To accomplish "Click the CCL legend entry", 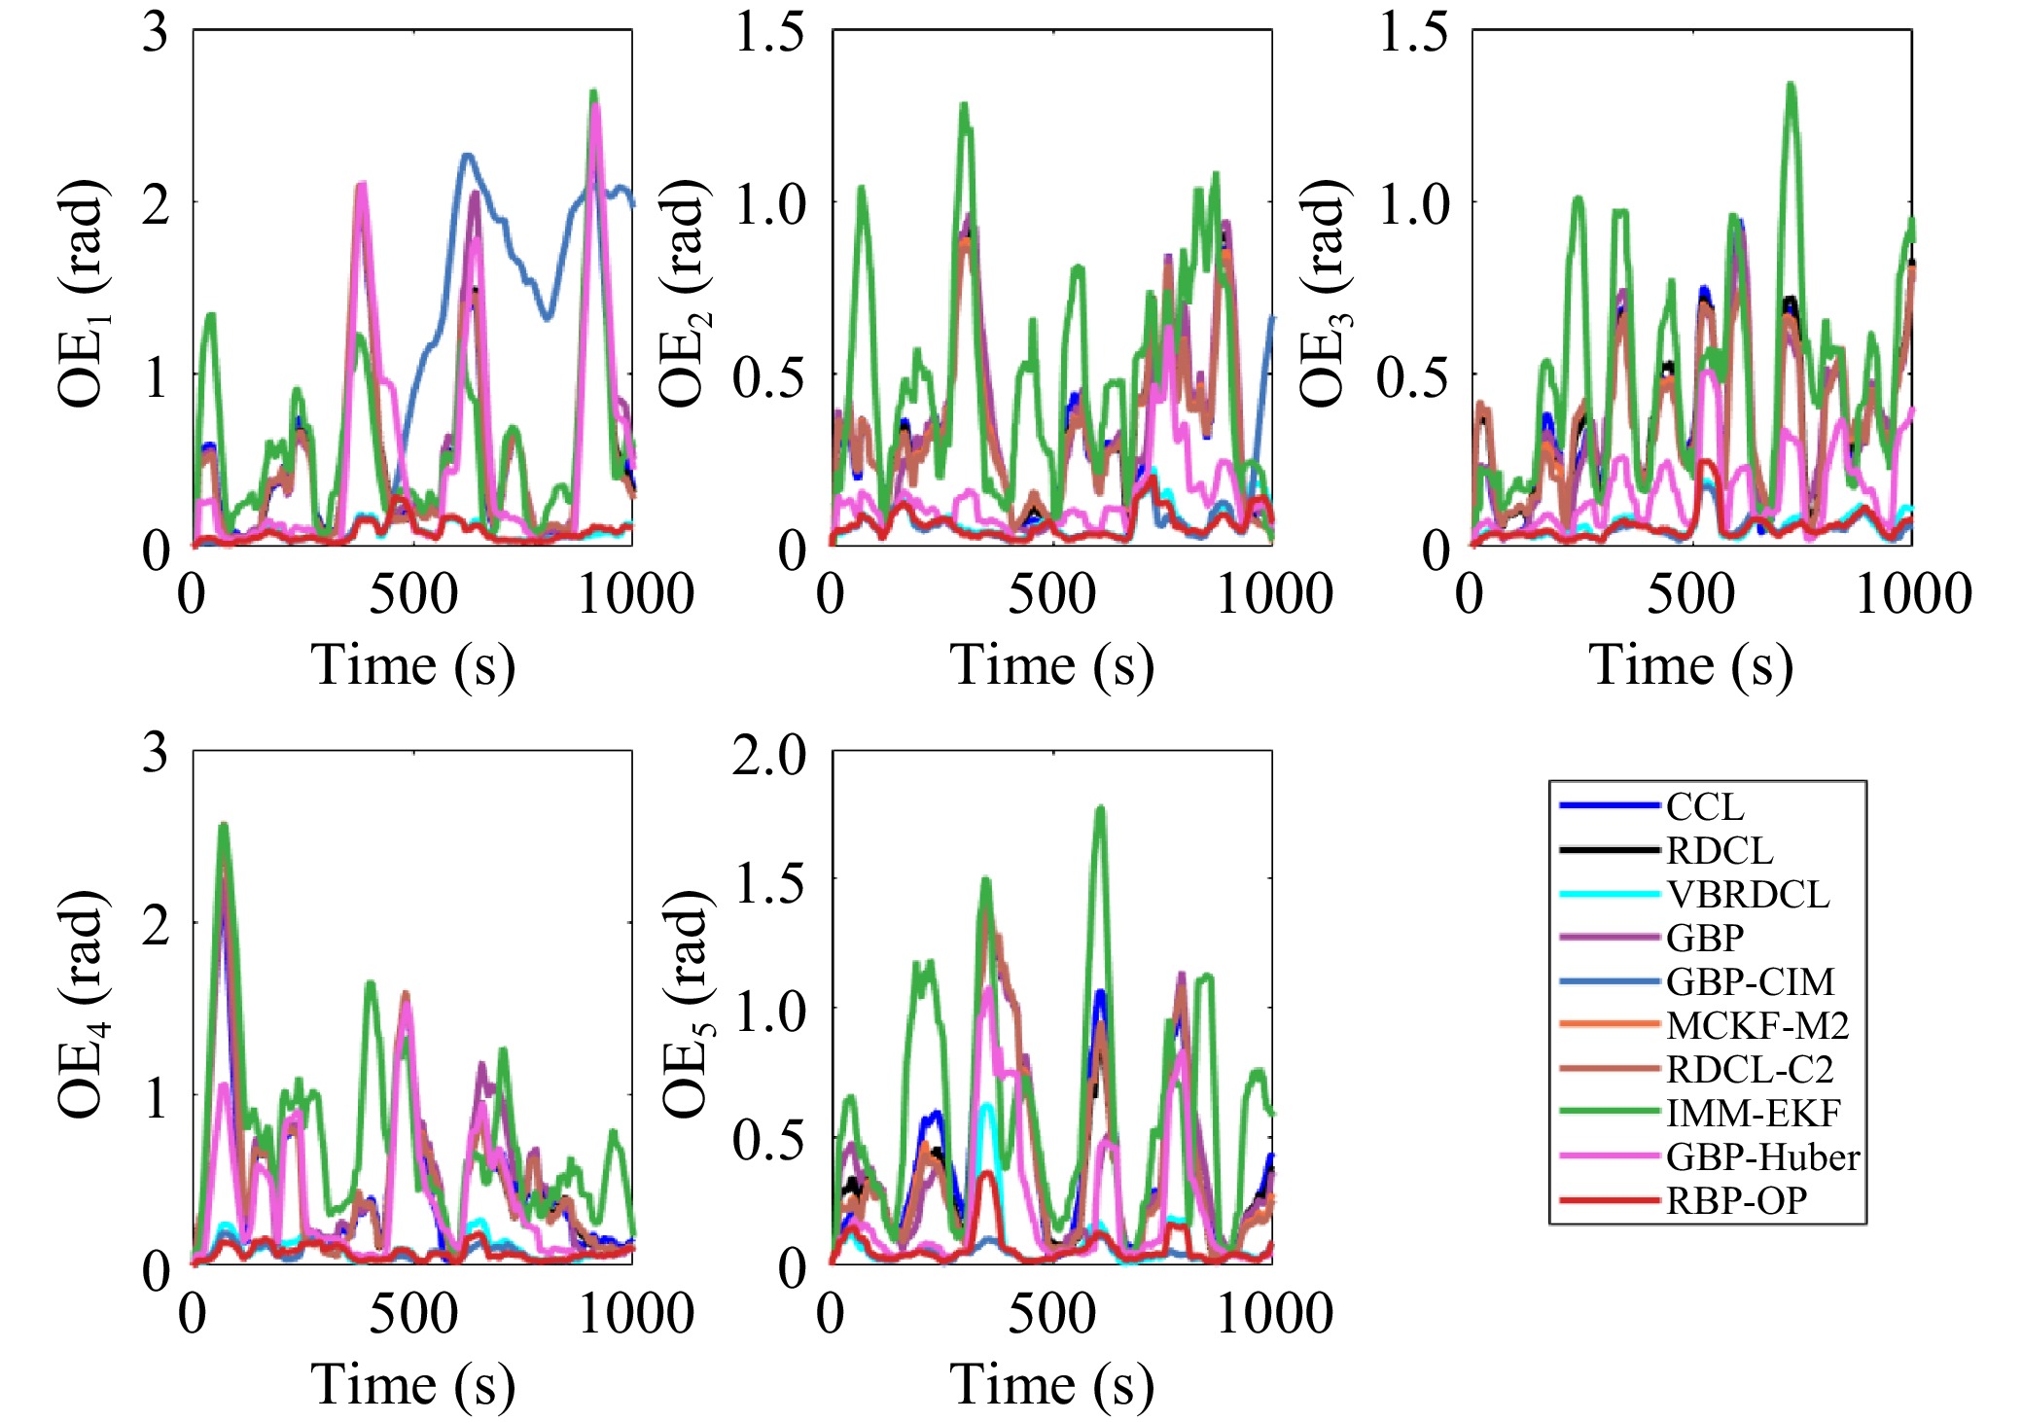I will point(1704,806).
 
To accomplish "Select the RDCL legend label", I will point(1719,850).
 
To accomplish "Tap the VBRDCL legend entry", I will point(1747,894).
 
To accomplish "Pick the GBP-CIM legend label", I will point(1750,981).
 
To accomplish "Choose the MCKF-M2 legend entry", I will point(1756,1025).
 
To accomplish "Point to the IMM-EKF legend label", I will point(1753,1113).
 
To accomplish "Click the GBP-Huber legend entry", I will point(1761,1156).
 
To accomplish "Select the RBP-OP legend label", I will point(1736,1201).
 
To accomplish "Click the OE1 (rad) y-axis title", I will point(84,292).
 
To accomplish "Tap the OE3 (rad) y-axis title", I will point(1324,292).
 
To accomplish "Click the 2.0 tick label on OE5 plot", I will point(768,755).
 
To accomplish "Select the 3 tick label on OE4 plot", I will point(156,753).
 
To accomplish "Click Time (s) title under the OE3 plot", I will point(1690,665).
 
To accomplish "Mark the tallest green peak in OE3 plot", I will point(1790,86).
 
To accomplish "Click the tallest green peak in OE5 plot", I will point(1101,808).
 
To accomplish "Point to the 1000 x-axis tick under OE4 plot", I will point(636,1313).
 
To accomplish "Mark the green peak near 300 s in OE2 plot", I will point(964,105).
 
